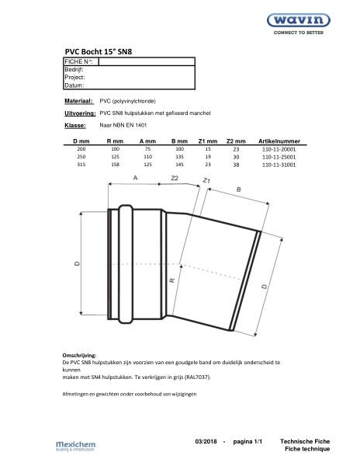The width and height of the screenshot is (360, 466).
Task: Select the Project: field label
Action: (x=74, y=77)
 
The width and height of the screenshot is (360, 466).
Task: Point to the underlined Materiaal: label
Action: (x=78, y=101)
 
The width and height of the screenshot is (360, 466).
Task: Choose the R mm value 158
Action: (x=115, y=165)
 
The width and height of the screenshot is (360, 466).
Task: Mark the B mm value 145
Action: (x=179, y=165)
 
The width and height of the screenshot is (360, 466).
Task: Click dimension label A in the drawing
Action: (x=136, y=178)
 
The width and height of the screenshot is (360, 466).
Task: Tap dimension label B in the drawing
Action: (x=238, y=189)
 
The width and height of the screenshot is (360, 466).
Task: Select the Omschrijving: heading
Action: (x=78, y=355)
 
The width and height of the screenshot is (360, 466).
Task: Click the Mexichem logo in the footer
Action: (x=74, y=445)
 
